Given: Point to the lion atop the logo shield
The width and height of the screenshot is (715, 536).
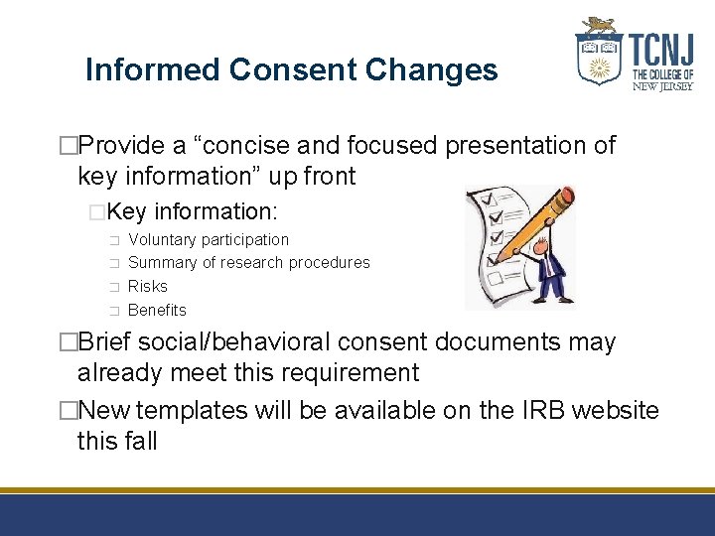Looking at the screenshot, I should [x=600, y=26].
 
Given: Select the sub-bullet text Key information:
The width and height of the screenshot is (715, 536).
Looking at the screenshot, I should [x=194, y=211].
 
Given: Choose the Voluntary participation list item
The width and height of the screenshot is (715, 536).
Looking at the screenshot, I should [x=209, y=239].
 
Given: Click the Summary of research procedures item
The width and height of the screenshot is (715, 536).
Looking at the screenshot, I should [x=248, y=263].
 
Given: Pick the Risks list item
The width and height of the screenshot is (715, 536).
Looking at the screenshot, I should [x=148, y=286].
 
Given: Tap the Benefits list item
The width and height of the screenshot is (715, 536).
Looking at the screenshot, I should [x=157, y=310].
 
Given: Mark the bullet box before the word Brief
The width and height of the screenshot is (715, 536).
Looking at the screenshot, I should [x=68, y=342].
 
